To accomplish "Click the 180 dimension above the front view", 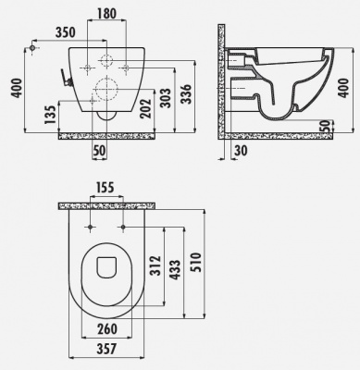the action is (106, 14).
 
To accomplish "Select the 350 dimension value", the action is (66, 32).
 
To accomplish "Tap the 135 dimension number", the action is (51, 115).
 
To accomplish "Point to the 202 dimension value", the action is (145, 108).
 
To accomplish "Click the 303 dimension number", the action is (165, 98).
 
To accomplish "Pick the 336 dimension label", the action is (186, 93).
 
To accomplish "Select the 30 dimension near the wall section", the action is (241, 151).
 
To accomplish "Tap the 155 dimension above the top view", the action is (105, 188).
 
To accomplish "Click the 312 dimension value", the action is (155, 265).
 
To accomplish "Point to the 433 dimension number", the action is (175, 270).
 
